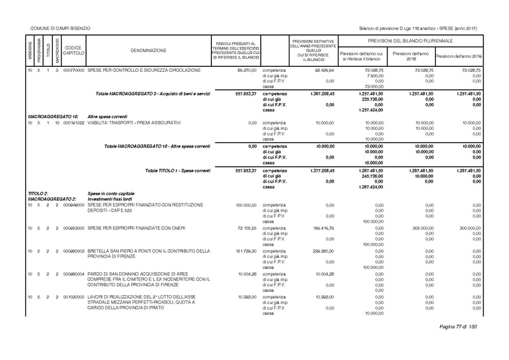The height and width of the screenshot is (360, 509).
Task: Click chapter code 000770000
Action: point(74,69)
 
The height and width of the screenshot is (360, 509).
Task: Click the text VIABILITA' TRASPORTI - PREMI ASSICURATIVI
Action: point(135,122)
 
